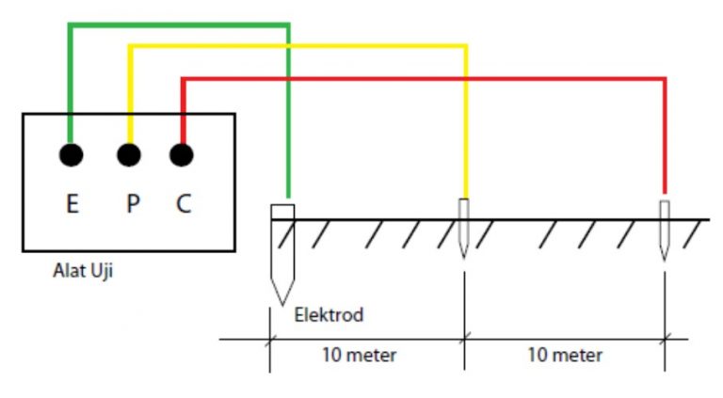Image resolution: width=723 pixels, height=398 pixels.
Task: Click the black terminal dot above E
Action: tap(72, 153)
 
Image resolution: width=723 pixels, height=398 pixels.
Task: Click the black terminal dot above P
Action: tap(128, 153)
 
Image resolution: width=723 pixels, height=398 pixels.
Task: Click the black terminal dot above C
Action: tap(182, 153)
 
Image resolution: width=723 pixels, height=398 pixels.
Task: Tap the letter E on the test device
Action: tap(72, 203)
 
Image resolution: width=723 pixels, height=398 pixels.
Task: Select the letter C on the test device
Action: tap(184, 203)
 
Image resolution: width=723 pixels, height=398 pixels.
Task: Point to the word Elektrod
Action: tap(329, 314)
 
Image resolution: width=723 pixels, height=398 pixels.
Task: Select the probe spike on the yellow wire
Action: tap(463, 230)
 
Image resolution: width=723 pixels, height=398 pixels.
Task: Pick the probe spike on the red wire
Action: tap(665, 231)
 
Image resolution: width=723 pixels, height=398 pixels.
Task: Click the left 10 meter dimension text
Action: tap(360, 356)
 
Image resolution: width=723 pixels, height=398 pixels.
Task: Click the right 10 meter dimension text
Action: tap(565, 356)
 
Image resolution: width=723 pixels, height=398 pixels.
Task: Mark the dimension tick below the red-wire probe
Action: tap(665, 339)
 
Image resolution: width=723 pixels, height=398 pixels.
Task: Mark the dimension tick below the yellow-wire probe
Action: tap(463, 339)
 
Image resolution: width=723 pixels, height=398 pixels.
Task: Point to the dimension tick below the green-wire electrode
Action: tap(270, 339)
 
